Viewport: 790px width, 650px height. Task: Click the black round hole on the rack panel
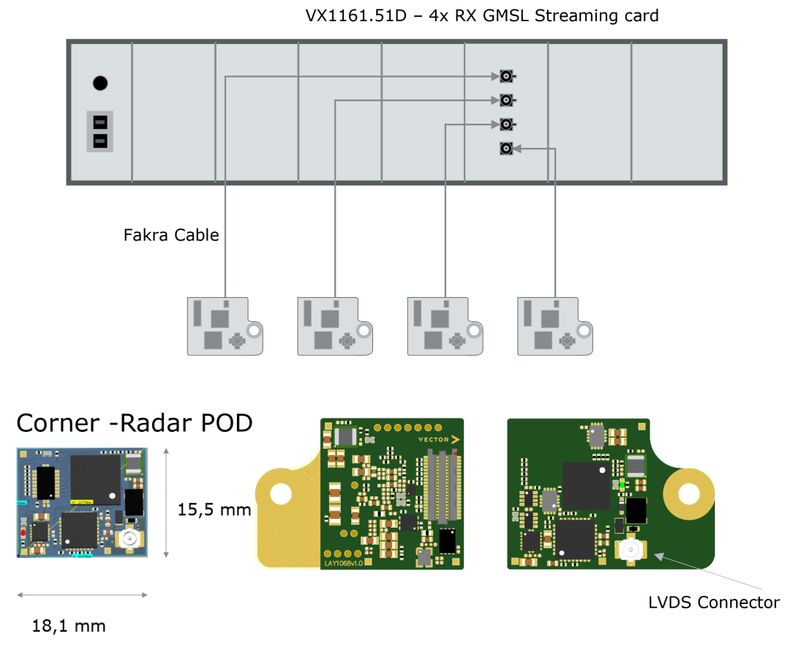(x=100, y=83)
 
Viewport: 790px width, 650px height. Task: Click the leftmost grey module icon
(x=224, y=326)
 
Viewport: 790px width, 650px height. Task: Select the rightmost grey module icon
(x=554, y=326)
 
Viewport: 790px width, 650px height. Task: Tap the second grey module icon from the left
(x=334, y=326)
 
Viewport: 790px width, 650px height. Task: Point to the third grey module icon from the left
(x=444, y=326)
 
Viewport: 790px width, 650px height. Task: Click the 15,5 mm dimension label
(x=214, y=509)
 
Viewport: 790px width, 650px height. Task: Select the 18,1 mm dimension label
(x=69, y=626)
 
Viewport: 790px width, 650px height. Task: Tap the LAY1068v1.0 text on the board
(x=347, y=563)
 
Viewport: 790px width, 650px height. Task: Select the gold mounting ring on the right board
(x=690, y=494)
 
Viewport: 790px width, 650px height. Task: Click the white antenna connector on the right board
(x=629, y=549)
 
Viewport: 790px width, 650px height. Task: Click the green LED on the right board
(x=622, y=484)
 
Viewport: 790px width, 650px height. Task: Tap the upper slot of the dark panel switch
(x=100, y=122)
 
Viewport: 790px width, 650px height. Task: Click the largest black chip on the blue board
(x=95, y=477)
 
